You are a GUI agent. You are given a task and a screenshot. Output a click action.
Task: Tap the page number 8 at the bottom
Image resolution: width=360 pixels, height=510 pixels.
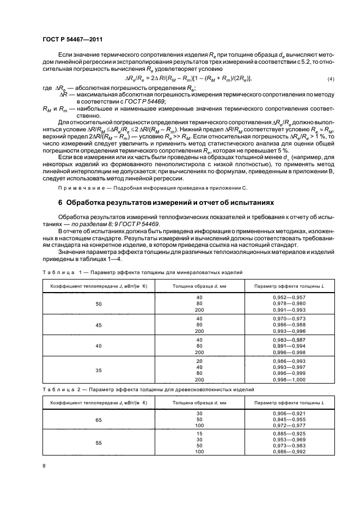(x=44, y=465)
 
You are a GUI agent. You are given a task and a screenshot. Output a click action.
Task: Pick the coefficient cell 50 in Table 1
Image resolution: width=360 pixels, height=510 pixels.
(x=99, y=304)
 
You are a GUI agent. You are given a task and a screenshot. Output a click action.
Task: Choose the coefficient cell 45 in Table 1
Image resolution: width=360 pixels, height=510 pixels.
(x=99, y=325)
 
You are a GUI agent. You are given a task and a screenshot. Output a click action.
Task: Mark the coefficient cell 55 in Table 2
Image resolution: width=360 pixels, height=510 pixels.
(x=99, y=444)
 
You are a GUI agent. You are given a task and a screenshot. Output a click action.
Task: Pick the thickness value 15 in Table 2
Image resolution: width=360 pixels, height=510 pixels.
(x=199, y=433)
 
